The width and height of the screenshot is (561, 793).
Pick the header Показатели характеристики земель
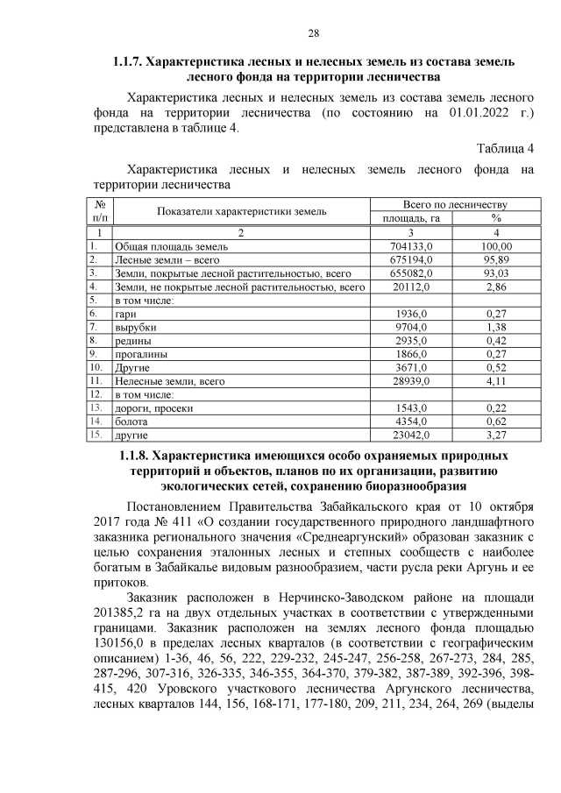pos(242,211)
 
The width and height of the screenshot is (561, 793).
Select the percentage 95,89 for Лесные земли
pos(497,260)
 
